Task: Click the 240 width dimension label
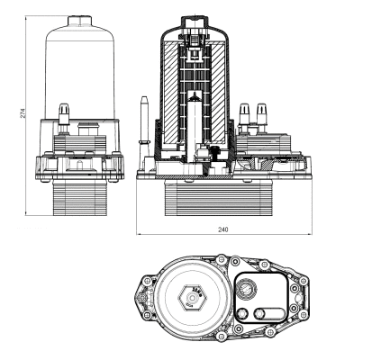[x=222, y=229]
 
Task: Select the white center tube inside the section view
[x=197, y=99]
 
